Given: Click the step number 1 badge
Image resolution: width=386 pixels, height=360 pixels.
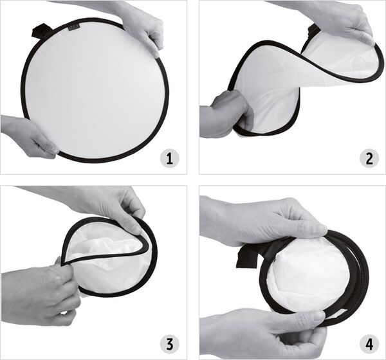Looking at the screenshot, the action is [x=170, y=159].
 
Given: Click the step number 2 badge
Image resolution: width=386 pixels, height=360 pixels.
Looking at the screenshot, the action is [x=369, y=159].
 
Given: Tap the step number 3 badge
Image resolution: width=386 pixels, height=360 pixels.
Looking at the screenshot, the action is [x=170, y=344].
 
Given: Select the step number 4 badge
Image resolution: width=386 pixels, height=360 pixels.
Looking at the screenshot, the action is [x=369, y=344].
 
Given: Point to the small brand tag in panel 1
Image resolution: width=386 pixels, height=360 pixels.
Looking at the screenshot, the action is [x=73, y=27].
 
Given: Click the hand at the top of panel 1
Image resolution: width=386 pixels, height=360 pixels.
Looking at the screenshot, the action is [x=128, y=22].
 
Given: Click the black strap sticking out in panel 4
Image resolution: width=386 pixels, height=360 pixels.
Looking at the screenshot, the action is [x=251, y=256].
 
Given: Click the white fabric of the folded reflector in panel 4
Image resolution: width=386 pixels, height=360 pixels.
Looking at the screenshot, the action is [x=308, y=273].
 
